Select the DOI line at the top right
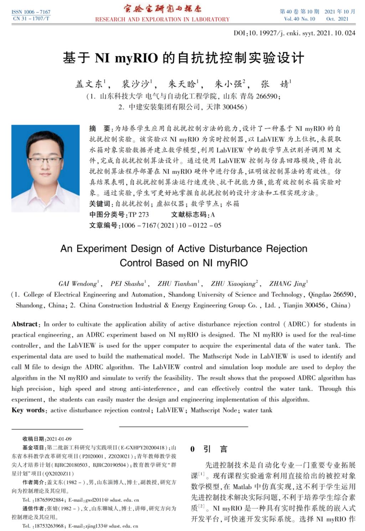pos(294,33)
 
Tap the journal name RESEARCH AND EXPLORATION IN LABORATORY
pos(162,19)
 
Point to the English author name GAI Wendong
pos(78,284)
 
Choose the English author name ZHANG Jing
pos(288,284)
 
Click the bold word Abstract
pos(25,324)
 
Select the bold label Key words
pos(28,410)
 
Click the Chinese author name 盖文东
pos(89,84)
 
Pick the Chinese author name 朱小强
pos(228,84)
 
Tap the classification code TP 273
pos(139,215)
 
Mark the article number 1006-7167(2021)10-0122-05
pos(171,225)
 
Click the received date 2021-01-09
pos(59,439)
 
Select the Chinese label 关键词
pos(99,204)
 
